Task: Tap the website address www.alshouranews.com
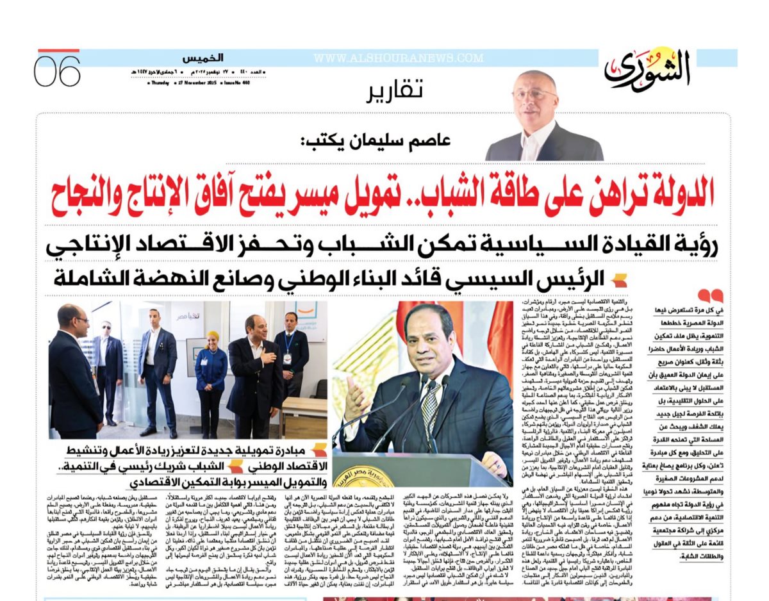point(398,58)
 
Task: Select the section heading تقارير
point(395,92)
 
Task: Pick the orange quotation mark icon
point(711,295)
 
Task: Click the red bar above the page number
point(58,51)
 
